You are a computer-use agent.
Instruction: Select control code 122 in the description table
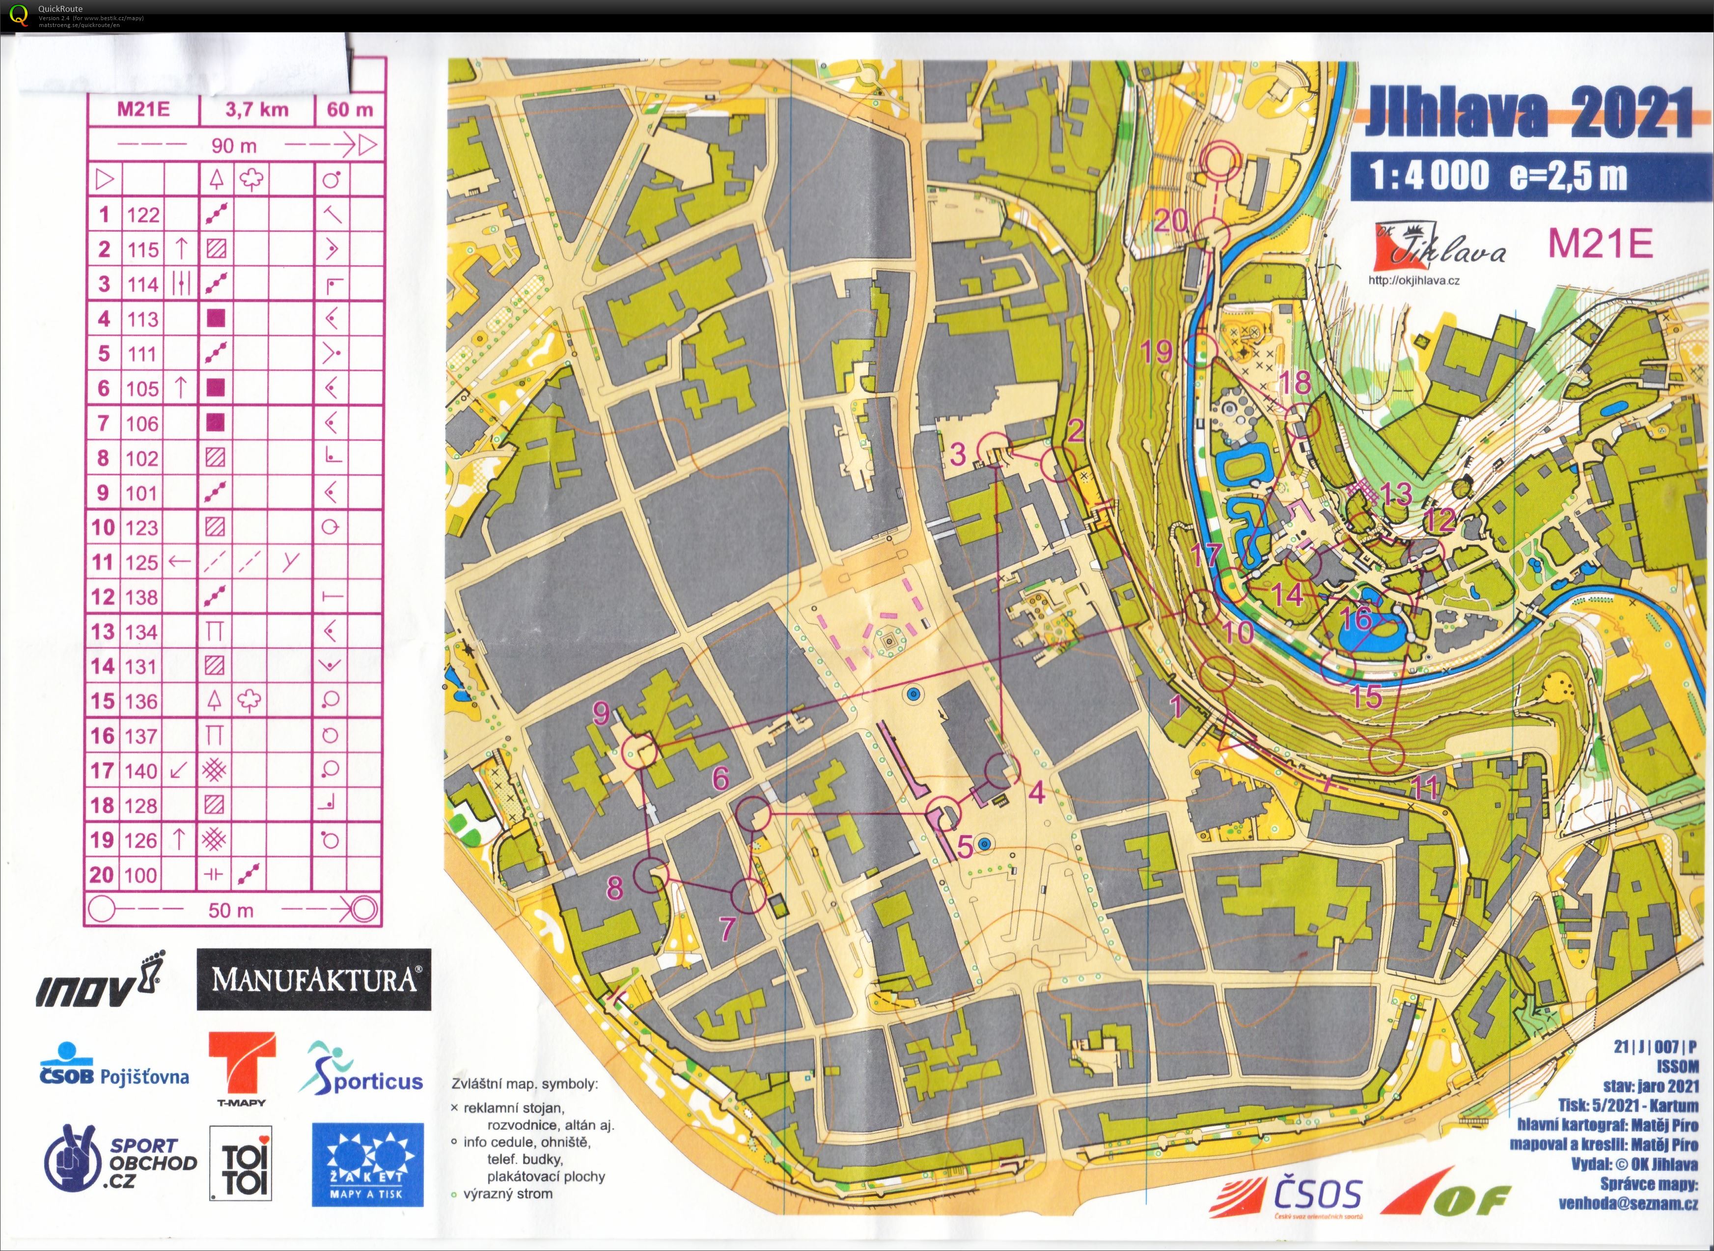[x=143, y=215]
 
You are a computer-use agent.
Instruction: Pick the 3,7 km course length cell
[x=257, y=110]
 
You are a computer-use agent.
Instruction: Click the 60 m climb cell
[x=350, y=110]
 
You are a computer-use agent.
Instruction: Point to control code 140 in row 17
[x=141, y=771]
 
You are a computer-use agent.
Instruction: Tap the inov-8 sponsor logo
[x=98, y=984]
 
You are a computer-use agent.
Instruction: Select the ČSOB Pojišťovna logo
[x=113, y=1067]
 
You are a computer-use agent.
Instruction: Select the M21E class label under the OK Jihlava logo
[x=1599, y=244]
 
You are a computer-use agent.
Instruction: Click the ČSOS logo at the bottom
[x=1287, y=1196]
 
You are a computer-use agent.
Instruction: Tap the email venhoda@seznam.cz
[x=1628, y=1203]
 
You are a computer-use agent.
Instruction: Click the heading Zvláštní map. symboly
[x=525, y=1084]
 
